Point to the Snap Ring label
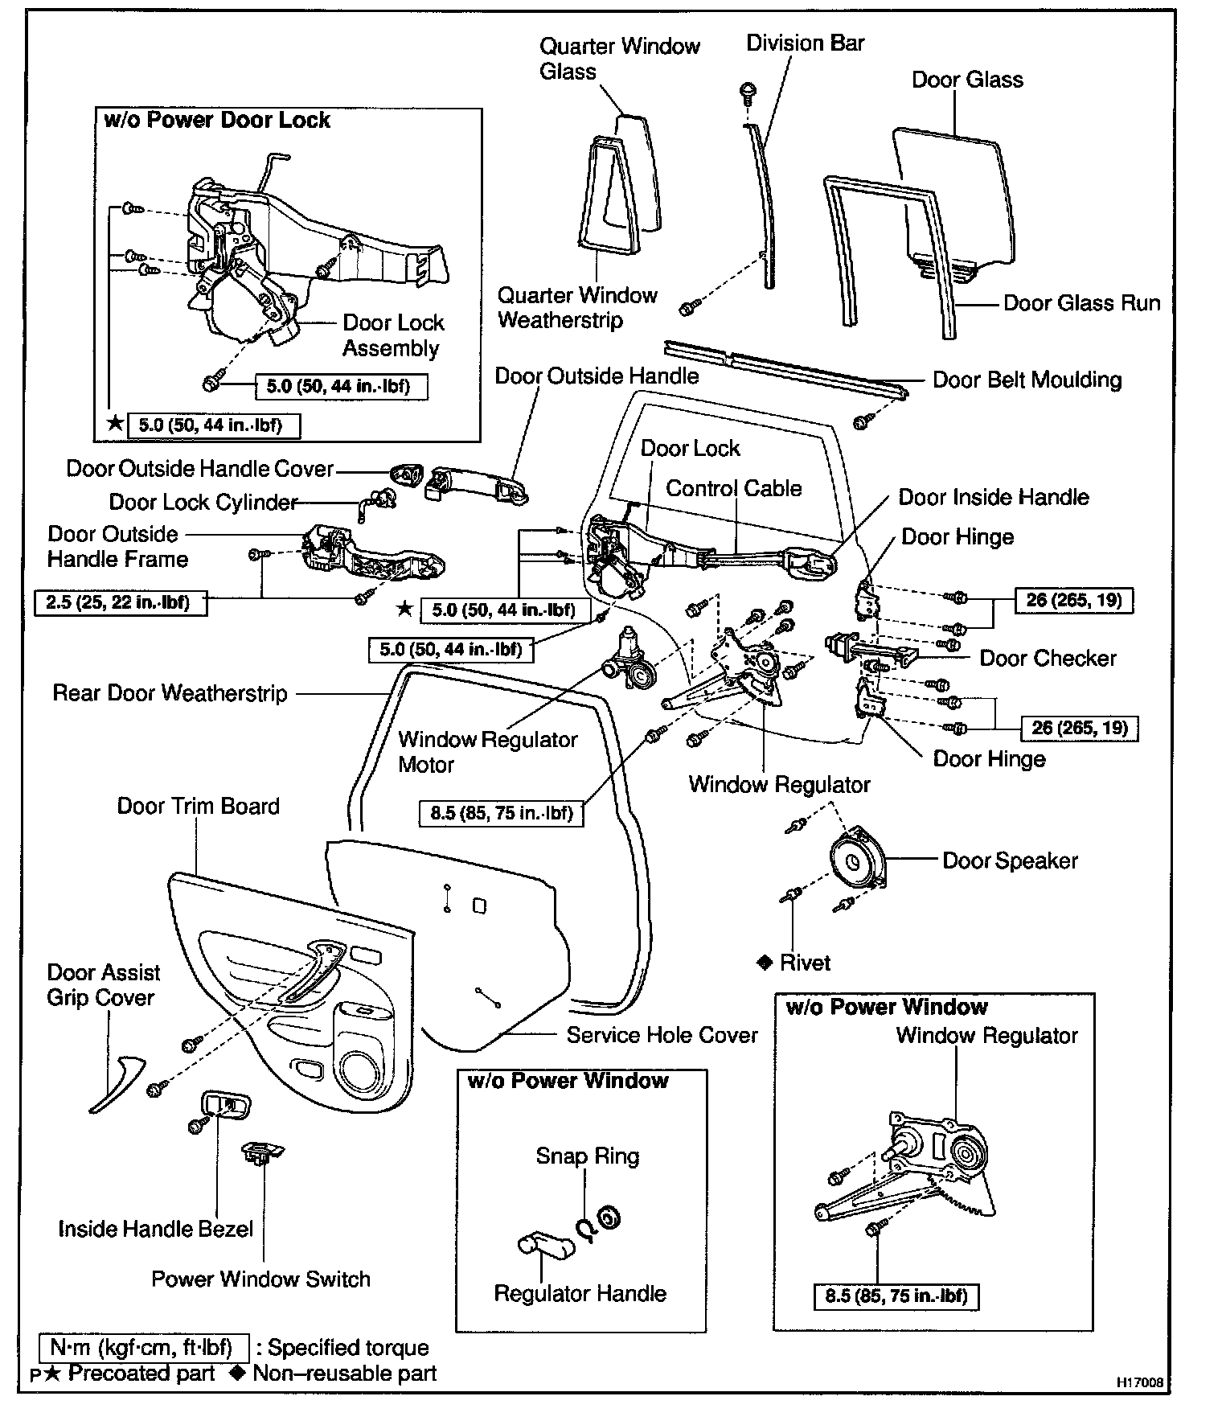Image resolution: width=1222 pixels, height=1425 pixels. pyautogui.click(x=588, y=1156)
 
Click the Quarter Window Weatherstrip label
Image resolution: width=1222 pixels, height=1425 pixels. pyautogui.click(x=576, y=308)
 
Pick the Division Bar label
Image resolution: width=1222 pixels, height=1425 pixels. pyautogui.click(x=805, y=43)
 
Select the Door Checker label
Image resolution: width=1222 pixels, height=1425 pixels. pyautogui.click(x=1048, y=659)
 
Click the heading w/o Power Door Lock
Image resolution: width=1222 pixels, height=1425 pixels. pyautogui.click(x=217, y=121)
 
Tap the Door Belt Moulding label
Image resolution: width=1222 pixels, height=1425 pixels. pyautogui.click(x=1027, y=380)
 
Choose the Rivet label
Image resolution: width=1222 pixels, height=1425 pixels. pyautogui.click(x=805, y=963)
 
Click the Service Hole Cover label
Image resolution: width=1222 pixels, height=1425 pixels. pyautogui.click(x=662, y=1035)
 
